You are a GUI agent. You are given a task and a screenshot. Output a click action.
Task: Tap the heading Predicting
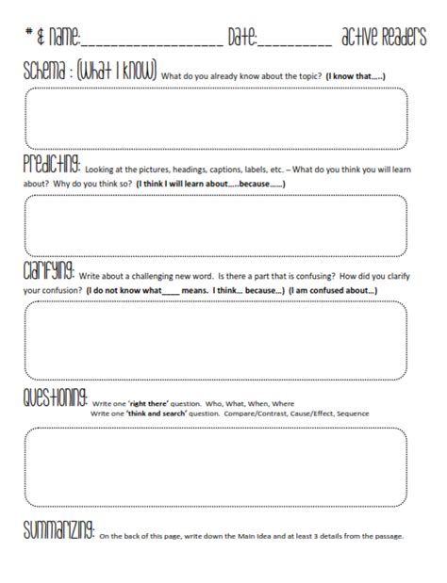point(53,161)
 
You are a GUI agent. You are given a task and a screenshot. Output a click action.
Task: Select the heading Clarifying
point(49,272)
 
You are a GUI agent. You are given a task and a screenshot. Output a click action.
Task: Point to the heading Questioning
point(56,397)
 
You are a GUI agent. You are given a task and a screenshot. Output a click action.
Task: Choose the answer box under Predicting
point(216,223)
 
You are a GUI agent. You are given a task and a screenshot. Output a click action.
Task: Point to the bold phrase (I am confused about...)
point(335,291)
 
